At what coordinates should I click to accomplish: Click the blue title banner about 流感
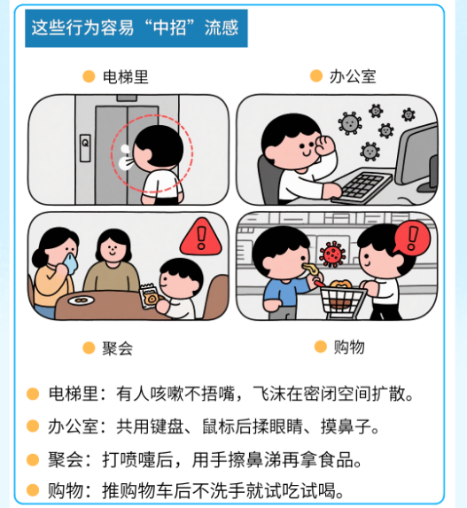(136, 28)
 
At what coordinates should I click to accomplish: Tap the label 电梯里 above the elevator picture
(126, 77)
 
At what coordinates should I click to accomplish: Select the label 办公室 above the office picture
(353, 77)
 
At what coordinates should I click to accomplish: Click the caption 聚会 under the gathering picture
(118, 348)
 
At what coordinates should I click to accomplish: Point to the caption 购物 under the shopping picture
(349, 348)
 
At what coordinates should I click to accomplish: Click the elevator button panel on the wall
(85, 148)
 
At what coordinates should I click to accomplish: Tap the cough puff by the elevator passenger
(125, 158)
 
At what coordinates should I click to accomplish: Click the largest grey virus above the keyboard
(350, 123)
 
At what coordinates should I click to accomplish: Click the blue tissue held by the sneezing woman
(70, 263)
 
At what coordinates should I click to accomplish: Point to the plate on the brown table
(81, 301)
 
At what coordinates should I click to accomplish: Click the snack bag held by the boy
(150, 296)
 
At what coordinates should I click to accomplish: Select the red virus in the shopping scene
(332, 254)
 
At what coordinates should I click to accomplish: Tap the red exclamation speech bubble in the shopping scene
(412, 238)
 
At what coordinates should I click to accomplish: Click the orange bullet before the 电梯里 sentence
(33, 395)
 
